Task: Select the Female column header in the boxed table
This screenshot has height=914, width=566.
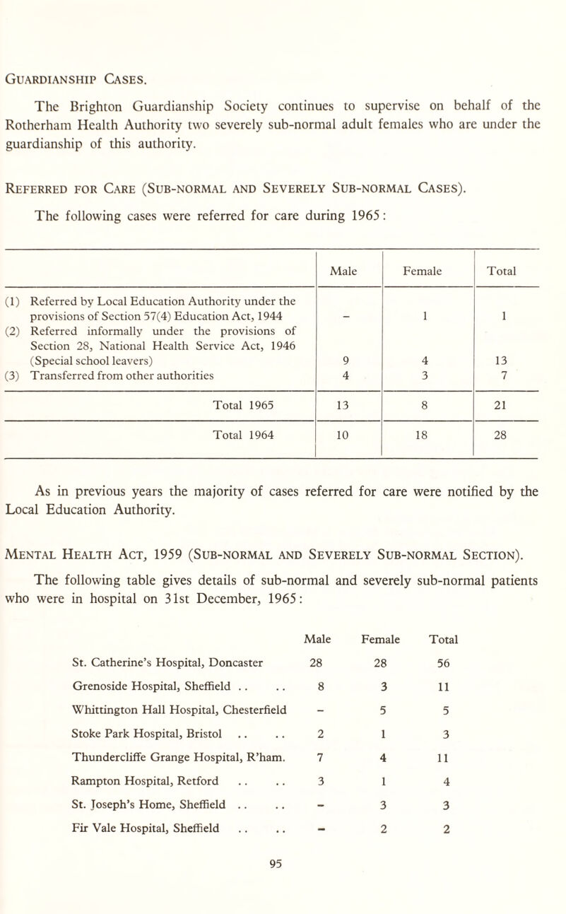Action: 426,269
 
